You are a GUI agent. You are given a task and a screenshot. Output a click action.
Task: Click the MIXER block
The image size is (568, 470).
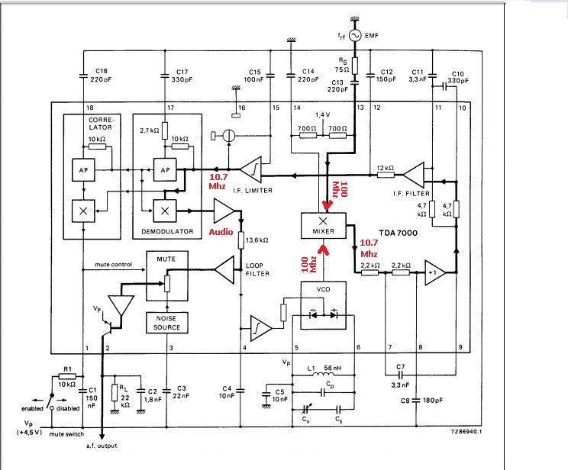tap(324, 226)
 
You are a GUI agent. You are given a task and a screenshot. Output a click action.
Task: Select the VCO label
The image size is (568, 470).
tap(323, 289)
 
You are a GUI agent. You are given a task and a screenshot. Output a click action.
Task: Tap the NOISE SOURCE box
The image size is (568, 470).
tap(167, 323)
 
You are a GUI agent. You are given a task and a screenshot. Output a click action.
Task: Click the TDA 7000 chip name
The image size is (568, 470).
tap(398, 233)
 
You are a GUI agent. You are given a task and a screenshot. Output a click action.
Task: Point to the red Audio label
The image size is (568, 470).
tap(221, 232)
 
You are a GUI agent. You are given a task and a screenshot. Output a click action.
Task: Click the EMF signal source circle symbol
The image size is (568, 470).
tap(355, 35)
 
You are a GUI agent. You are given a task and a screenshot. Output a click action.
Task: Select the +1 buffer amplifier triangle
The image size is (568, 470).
tap(435, 272)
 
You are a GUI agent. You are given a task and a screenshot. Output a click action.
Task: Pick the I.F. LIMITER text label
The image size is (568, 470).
tap(253, 191)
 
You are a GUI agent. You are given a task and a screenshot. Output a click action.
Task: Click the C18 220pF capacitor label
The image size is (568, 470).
tap(101, 75)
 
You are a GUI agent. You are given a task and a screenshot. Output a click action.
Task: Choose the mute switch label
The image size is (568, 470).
tap(66, 434)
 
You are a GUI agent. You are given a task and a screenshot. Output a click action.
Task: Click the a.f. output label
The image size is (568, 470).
tap(102, 446)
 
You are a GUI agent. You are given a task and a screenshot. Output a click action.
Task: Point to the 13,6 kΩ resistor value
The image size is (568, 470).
tap(257, 240)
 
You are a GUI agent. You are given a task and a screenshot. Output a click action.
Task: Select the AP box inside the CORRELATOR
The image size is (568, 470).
tap(83, 170)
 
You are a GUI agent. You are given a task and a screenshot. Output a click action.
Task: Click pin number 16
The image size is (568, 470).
tap(241, 108)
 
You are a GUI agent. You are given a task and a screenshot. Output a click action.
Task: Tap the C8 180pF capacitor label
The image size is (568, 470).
tap(422, 401)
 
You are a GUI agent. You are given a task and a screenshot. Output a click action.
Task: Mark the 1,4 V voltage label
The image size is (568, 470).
tap(323, 114)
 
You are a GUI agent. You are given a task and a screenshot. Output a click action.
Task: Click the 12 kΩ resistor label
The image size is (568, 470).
tap(385, 168)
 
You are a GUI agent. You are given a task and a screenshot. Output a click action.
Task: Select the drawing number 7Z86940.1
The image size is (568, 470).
tap(466, 431)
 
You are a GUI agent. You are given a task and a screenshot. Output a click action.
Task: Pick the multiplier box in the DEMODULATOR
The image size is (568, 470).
tap(165, 211)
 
